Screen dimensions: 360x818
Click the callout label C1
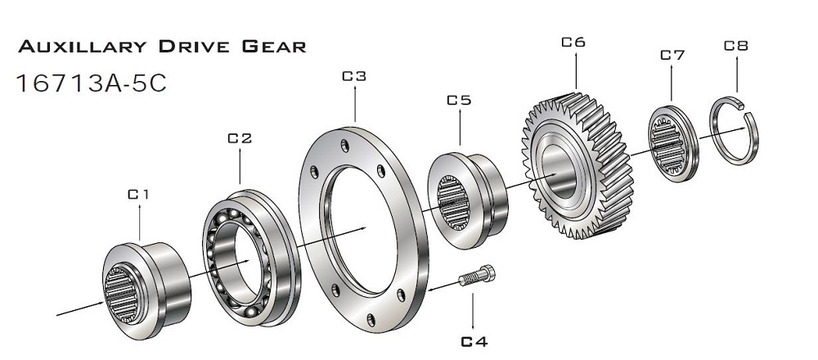pos(138,195)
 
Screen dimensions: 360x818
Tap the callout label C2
pos(239,138)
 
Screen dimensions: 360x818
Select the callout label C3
pos(353,76)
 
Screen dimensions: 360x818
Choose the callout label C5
pos(459,101)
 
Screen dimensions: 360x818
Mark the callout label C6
pos(573,41)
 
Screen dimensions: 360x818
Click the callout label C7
pos(672,55)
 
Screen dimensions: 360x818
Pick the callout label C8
pos(736,46)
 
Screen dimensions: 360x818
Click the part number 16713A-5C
pos(91,83)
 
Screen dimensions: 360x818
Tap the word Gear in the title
pos(273,47)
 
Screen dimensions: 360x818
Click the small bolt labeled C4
pos(476,278)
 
